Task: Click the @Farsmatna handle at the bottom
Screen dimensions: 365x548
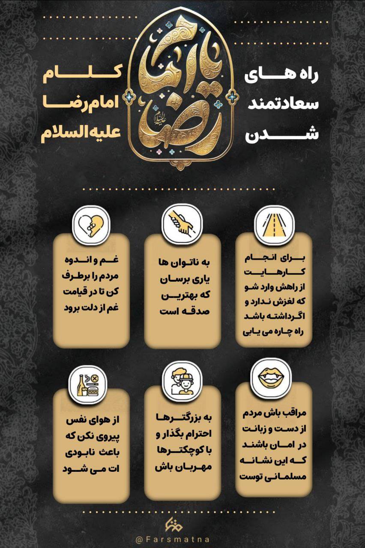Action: click(x=173, y=540)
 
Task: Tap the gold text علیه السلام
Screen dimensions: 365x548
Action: click(x=81, y=133)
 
